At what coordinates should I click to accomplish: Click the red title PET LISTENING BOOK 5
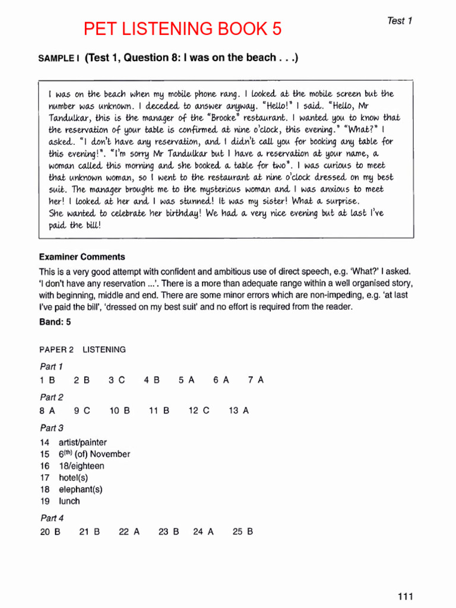pyautogui.click(x=182, y=28)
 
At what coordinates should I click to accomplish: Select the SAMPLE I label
pyautogui.click(x=59, y=58)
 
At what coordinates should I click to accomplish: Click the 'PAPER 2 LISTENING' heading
pyautogui.click(x=83, y=350)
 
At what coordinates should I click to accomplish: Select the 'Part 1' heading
pyautogui.click(x=51, y=366)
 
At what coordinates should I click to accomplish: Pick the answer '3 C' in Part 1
pyautogui.click(x=117, y=381)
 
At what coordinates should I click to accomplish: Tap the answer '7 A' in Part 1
pyautogui.click(x=256, y=381)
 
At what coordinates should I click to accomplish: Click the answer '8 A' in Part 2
pyautogui.click(x=47, y=410)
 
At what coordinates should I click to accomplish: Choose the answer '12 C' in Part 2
pyautogui.click(x=199, y=410)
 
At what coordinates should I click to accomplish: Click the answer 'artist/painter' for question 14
pyautogui.click(x=83, y=442)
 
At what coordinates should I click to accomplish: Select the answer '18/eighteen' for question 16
pyautogui.click(x=81, y=466)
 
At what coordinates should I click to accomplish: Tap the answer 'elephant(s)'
pyautogui.click(x=80, y=489)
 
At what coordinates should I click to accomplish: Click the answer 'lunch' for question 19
pyautogui.click(x=69, y=501)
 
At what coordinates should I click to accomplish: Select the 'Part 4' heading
pyautogui.click(x=52, y=518)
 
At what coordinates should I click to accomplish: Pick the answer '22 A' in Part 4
pyautogui.click(x=129, y=532)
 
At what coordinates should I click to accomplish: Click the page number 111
pyautogui.click(x=405, y=597)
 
